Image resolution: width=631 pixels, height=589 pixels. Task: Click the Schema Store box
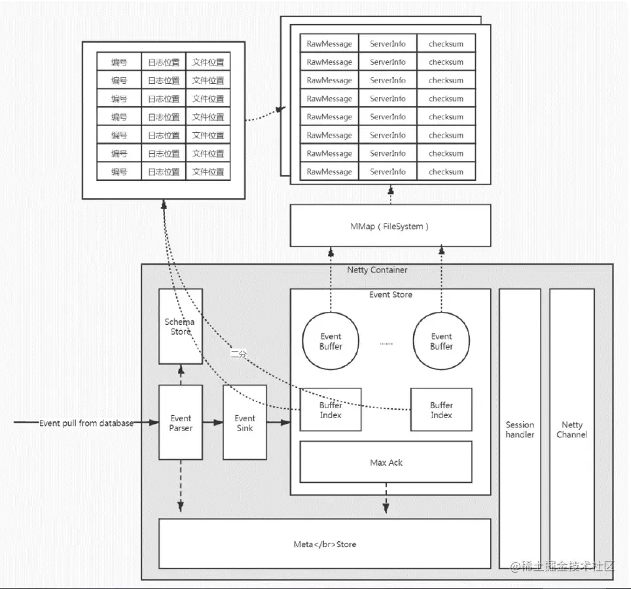tap(181, 326)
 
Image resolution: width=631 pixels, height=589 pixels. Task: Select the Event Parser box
tap(181, 423)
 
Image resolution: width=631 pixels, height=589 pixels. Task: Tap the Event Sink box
tap(245, 423)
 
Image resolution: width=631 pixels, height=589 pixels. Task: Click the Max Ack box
tap(386, 462)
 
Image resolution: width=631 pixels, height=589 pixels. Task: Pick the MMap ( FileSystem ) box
tap(390, 226)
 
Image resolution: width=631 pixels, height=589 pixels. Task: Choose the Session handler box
tap(520, 429)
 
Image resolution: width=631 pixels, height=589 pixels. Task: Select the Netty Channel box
tap(571, 429)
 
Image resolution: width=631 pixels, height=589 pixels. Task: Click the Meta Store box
tap(325, 544)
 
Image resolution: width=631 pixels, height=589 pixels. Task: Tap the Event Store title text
tap(390, 295)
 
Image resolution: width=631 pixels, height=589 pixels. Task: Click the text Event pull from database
tap(86, 423)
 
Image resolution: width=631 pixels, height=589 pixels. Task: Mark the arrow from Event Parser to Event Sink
tap(213, 423)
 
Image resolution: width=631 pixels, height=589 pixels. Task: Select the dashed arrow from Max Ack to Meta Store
tap(386, 498)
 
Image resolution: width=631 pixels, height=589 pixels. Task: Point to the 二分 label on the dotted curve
tap(238, 354)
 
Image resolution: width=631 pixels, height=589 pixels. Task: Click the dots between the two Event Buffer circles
tap(386, 343)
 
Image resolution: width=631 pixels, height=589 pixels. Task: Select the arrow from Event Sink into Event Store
tap(278, 423)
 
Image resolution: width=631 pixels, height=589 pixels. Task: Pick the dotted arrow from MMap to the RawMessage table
tap(390, 195)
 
